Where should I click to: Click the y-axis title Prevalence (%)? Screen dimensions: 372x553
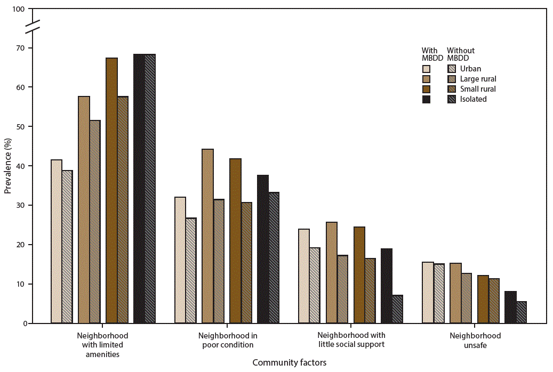(x=7, y=166)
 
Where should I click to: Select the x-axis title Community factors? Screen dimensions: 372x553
(x=289, y=362)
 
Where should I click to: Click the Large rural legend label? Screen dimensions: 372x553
(x=478, y=79)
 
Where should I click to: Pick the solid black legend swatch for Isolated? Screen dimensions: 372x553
(x=426, y=99)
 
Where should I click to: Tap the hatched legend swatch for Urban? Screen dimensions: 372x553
(x=452, y=69)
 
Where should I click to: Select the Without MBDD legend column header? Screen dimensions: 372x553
(x=460, y=54)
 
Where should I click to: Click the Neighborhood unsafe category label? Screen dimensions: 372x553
(x=475, y=340)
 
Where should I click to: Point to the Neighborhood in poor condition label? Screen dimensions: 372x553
(x=228, y=340)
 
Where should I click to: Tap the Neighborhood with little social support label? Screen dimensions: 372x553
(x=351, y=340)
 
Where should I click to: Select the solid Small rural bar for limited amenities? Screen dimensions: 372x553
(x=111, y=190)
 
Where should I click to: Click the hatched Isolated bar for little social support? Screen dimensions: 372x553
(x=397, y=309)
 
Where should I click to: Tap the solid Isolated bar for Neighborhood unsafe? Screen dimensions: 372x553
(x=510, y=307)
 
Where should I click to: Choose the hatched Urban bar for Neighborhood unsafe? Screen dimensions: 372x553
(x=439, y=294)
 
